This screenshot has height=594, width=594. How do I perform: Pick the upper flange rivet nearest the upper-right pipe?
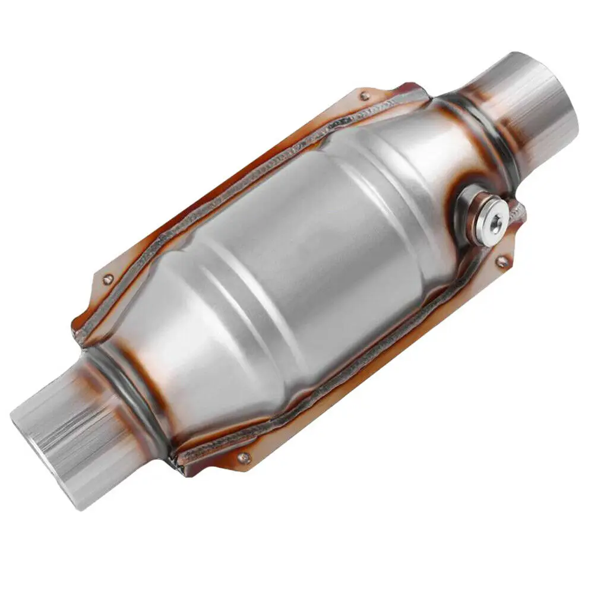(364, 95)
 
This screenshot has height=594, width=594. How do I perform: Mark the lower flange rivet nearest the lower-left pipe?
(242, 457)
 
